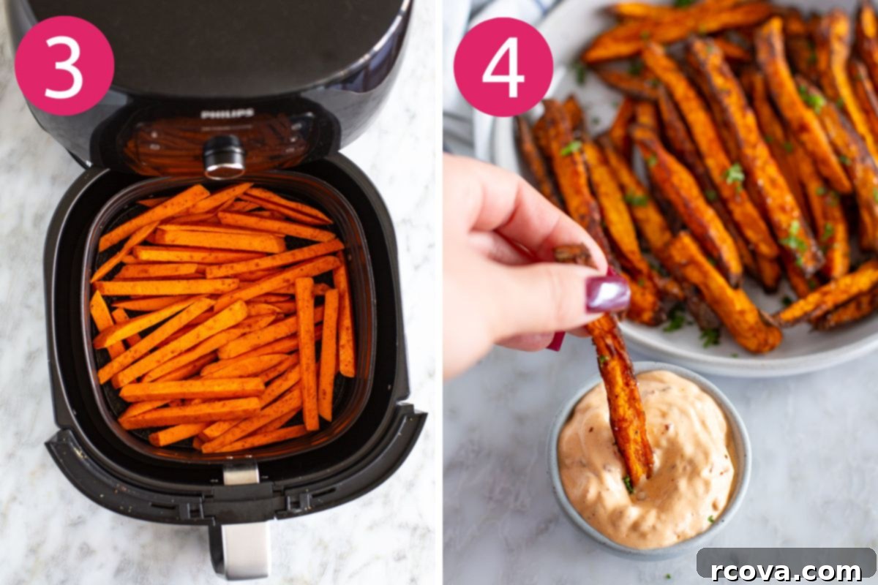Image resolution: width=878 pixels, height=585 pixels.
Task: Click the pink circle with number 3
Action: tap(64, 65)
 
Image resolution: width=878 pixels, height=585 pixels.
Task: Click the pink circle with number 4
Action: tap(503, 67)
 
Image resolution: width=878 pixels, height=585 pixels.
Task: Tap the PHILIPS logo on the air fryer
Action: tap(227, 114)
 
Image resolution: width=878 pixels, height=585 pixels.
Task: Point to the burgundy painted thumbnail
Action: tap(607, 293)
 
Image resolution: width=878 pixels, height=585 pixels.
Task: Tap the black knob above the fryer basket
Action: tap(224, 156)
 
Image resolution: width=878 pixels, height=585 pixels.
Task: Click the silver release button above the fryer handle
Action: tap(241, 474)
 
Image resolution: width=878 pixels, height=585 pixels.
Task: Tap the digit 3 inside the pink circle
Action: tap(64, 67)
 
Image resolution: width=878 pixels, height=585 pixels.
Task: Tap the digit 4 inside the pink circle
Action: tap(503, 67)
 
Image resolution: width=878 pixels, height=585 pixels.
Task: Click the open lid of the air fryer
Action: tap(219, 43)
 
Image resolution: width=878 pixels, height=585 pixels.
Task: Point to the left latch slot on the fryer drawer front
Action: tap(192, 510)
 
